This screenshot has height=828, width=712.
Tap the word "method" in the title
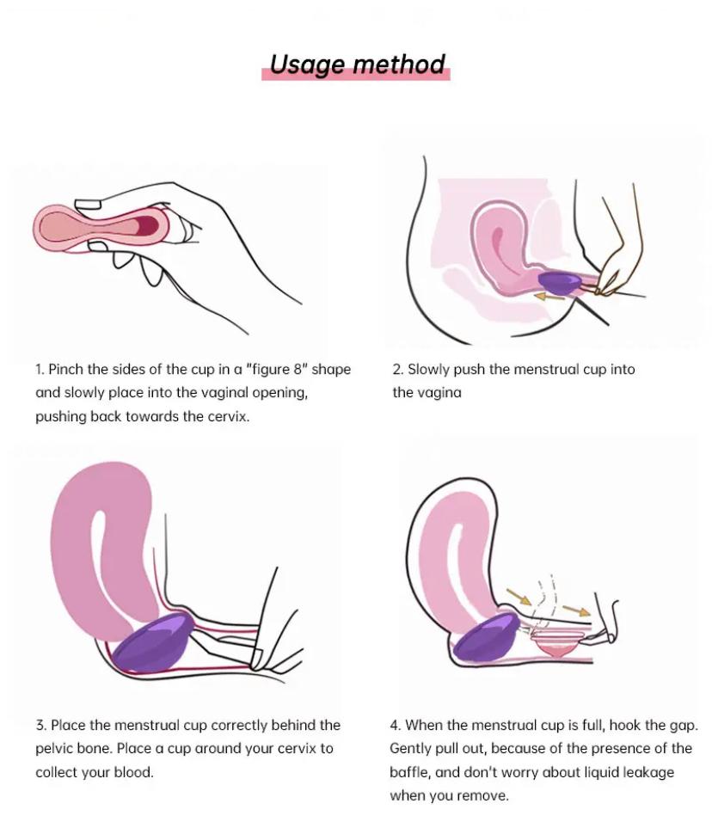(x=398, y=64)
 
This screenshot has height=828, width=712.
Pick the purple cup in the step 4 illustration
(x=487, y=635)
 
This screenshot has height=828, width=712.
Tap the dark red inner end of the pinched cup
(x=148, y=226)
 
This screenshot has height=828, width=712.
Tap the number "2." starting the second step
(x=398, y=369)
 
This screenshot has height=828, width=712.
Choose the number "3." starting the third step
(x=41, y=725)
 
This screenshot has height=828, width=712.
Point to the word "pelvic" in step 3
(x=56, y=749)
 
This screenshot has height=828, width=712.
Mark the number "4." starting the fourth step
(x=396, y=725)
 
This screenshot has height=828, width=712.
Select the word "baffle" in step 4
(x=410, y=773)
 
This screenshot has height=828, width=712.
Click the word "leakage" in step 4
(x=648, y=773)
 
